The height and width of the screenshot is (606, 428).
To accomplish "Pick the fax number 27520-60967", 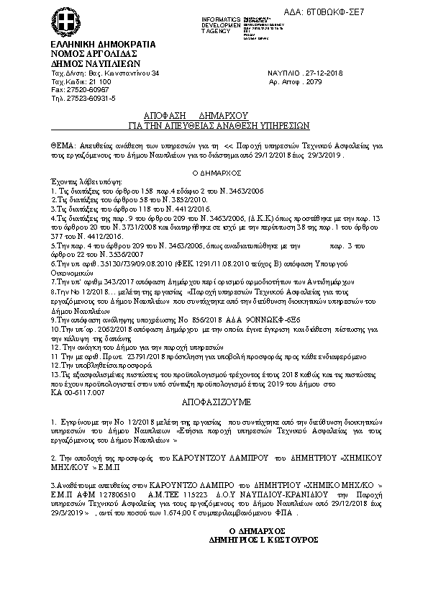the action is click(81, 91).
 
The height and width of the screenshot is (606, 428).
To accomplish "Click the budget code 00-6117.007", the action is click(83, 394).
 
